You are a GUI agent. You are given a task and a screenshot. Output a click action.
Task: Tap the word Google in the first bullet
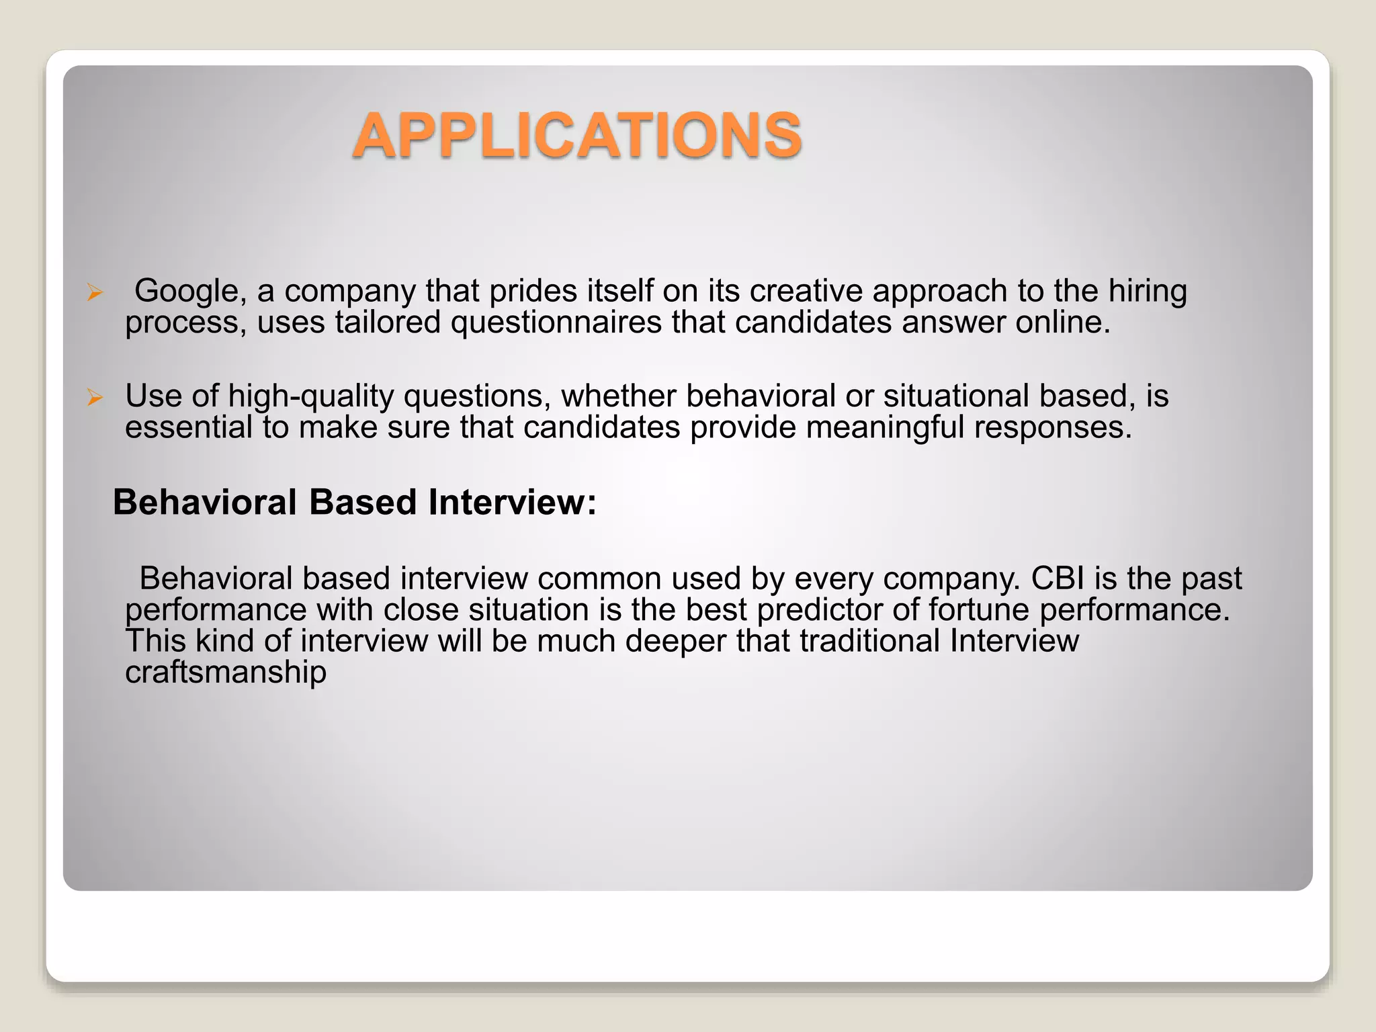point(186,291)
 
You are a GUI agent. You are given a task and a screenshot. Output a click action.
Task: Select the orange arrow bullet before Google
point(95,292)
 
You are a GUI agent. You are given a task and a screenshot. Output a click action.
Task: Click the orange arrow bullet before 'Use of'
point(95,398)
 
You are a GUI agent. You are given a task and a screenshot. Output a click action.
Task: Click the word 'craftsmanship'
point(226,673)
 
